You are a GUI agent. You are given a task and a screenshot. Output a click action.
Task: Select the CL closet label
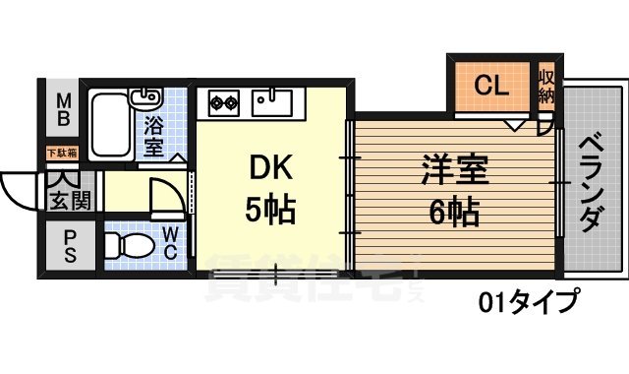(x=490, y=86)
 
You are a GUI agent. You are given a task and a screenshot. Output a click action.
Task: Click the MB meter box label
(x=63, y=109)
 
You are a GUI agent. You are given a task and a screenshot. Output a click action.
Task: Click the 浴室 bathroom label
(x=154, y=137)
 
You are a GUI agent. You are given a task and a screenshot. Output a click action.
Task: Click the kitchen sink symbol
(x=272, y=99)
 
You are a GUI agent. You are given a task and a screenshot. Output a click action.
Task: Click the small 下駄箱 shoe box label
(x=61, y=153)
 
